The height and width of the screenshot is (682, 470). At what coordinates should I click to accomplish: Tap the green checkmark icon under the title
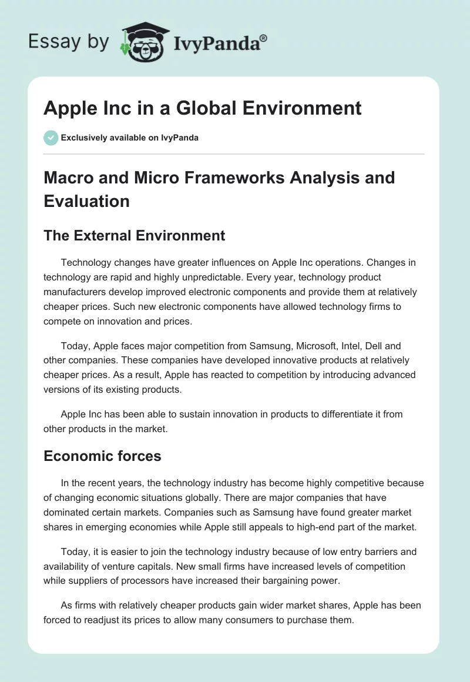click(51, 138)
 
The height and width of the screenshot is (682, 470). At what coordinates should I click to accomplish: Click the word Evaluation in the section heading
click(87, 201)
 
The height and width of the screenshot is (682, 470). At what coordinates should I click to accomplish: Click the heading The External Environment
click(135, 236)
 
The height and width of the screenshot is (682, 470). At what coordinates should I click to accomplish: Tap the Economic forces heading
click(102, 456)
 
